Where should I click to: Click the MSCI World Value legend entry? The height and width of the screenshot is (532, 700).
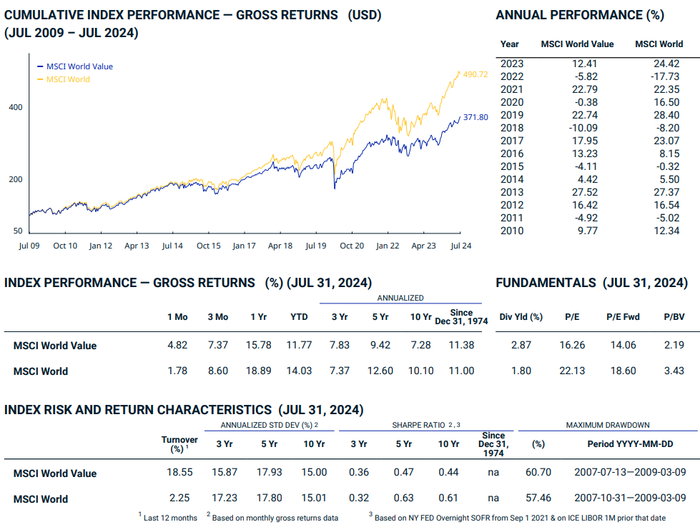(79, 66)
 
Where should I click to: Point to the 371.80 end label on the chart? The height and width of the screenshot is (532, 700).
(475, 117)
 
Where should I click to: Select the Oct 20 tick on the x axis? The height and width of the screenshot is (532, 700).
(352, 246)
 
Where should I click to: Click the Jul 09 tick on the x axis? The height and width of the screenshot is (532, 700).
(29, 246)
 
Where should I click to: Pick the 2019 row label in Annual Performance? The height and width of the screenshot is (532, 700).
(512, 115)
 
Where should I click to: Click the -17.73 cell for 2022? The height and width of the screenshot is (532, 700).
(666, 76)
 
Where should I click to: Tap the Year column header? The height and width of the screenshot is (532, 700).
(510, 44)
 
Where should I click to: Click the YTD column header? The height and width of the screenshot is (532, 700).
(299, 317)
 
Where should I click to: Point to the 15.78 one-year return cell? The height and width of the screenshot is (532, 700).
(259, 346)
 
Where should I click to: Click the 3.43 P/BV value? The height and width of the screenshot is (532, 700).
(673, 371)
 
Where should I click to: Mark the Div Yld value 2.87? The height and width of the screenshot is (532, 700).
(521, 346)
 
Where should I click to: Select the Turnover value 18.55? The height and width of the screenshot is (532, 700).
(180, 473)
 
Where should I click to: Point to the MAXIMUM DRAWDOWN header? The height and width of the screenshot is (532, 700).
(607, 425)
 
